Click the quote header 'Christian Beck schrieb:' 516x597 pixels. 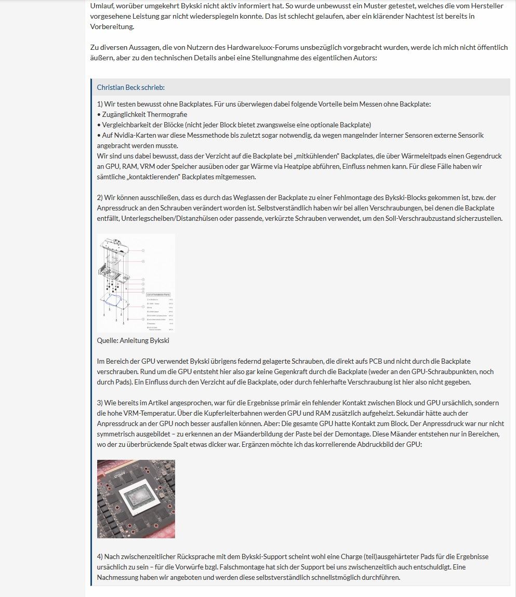click(130, 87)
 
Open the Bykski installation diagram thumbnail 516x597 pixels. click(136, 283)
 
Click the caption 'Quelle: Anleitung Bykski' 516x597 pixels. click(133, 340)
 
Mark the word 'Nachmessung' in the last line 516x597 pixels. click(117, 577)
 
